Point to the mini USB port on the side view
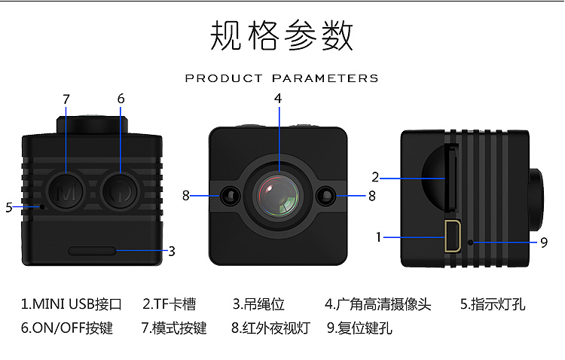pos(454,236)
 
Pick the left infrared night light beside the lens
pos(231,197)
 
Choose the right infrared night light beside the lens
pos(327,197)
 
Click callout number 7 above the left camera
pos(66,99)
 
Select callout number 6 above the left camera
pos(121,99)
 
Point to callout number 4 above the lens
pos(278,98)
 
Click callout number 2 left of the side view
pos(375,178)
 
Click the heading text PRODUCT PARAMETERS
pos(282,78)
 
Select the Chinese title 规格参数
pos(282,35)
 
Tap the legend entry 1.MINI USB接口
pos(72,305)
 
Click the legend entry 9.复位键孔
pos(359,328)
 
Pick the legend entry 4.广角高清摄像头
pos(378,305)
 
